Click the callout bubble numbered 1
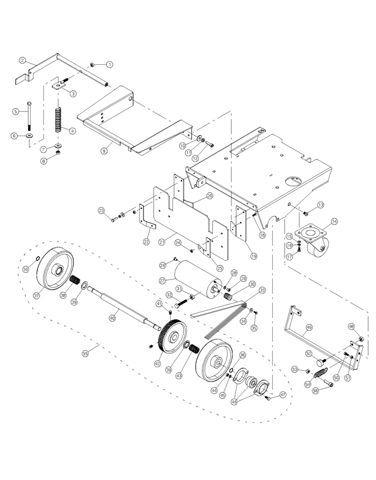(111, 64)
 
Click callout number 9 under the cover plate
(103, 151)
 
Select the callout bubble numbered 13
(321, 205)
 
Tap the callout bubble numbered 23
(101, 210)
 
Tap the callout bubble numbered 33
(262, 290)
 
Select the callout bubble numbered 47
(282, 394)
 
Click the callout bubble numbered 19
(253, 256)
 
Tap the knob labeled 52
(321, 362)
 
